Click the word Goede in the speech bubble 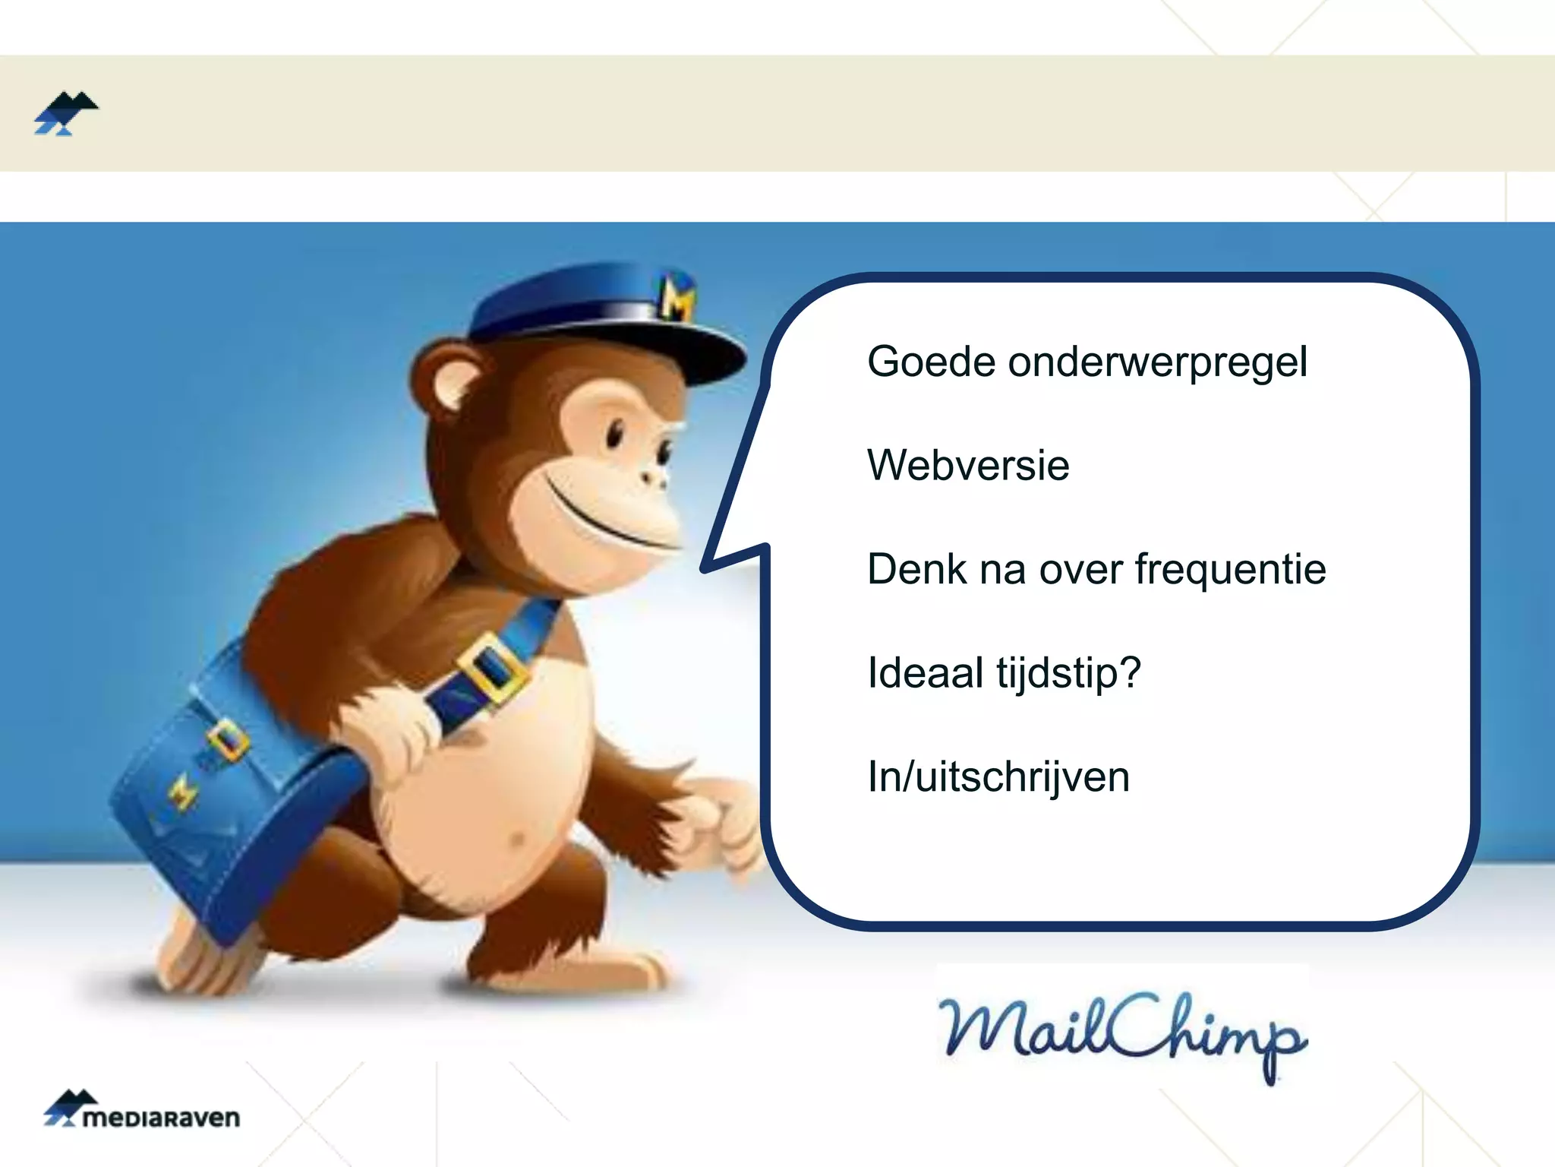point(931,362)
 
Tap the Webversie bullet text point(968,465)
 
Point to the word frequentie point(1230,570)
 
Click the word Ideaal point(926,673)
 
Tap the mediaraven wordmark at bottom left point(161,1118)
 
